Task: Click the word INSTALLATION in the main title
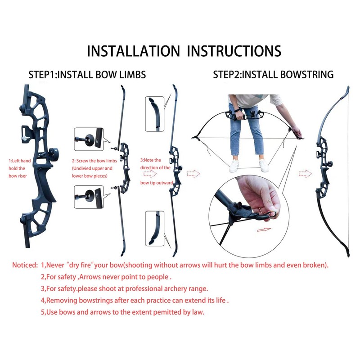point(133,50)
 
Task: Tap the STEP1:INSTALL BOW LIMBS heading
point(87,75)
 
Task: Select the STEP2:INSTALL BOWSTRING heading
point(274,75)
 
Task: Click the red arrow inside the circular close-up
point(264,230)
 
